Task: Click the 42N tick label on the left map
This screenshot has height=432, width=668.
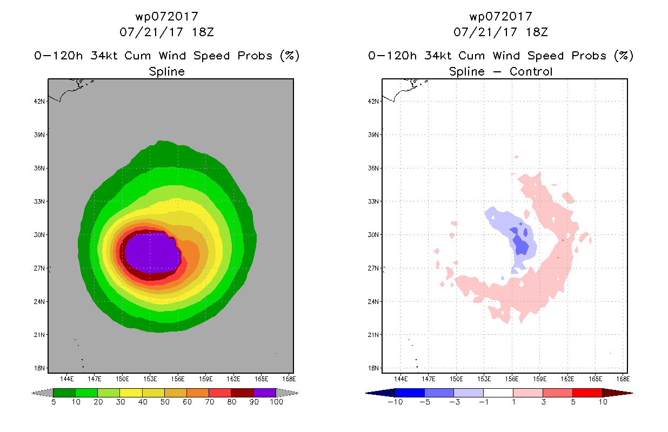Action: [39, 102]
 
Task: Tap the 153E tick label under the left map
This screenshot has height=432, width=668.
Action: [150, 379]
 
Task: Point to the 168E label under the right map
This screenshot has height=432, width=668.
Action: [623, 379]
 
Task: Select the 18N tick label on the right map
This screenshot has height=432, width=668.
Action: [373, 368]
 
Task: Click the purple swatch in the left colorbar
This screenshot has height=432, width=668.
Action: [265, 393]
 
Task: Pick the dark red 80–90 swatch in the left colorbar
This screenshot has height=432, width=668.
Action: [243, 393]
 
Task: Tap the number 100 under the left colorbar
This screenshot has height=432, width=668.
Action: [276, 402]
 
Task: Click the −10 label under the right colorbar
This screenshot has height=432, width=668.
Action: [395, 402]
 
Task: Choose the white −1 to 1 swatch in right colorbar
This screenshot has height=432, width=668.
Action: [498, 393]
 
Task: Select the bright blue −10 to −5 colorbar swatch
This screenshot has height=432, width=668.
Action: [410, 393]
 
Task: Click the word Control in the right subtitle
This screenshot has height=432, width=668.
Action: [531, 71]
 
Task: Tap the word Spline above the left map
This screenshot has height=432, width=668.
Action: [166, 72]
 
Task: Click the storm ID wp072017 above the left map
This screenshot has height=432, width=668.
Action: [166, 17]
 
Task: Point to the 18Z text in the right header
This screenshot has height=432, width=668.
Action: [537, 32]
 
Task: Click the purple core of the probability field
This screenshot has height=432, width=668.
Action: [152, 253]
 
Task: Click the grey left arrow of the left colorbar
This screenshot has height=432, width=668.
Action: [42, 393]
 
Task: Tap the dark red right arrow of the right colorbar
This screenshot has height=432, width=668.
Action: [617, 393]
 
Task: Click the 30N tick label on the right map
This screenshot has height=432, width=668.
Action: [373, 235]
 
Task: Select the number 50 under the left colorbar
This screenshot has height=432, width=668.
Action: [165, 402]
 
